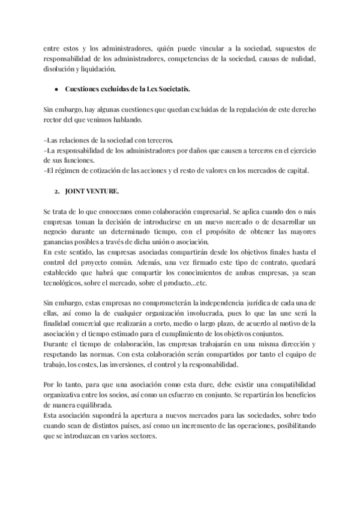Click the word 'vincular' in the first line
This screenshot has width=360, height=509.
click(x=224, y=48)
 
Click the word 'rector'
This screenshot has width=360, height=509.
click(x=53, y=120)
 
